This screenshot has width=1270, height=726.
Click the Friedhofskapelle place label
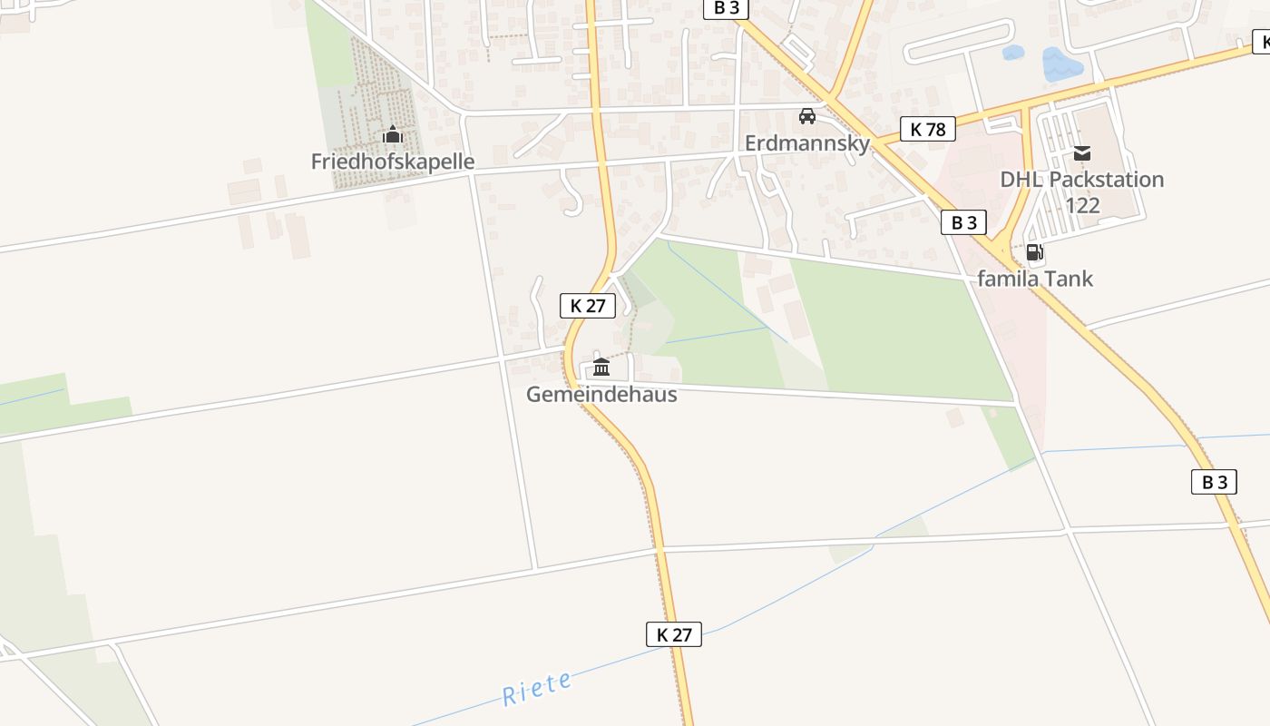pyautogui.click(x=393, y=162)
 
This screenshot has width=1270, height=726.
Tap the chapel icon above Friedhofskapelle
pyautogui.click(x=392, y=135)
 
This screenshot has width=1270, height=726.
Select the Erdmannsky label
pyautogui.click(x=806, y=143)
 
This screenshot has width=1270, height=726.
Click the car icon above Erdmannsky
pyautogui.click(x=806, y=116)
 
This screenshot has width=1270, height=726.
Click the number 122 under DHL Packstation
pyautogui.click(x=1082, y=205)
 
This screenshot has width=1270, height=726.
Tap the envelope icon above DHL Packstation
pyautogui.click(x=1081, y=152)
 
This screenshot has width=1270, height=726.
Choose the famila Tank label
pyautogui.click(x=1035, y=279)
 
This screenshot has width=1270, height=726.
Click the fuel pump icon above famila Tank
pyautogui.click(x=1033, y=252)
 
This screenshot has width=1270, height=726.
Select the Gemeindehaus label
pyautogui.click(x=601, y=394)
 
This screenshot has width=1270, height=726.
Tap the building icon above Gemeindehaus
pyautogui.click(x=601, y=368)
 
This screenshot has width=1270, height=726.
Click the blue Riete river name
pyautogui.click(x=538, y=689)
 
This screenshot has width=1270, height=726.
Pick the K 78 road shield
pyautogui.click(x=928, y=129)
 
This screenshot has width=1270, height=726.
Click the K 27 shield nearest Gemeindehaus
pyautogui.click(x=588, y=306)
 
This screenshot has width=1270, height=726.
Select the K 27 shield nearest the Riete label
pyautogui.click(x=674, y=634)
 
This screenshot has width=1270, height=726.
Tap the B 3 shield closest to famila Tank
pyautogui.click(x=963, y=222)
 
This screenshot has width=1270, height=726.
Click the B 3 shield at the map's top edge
pyautogui.click(x=726, y=8)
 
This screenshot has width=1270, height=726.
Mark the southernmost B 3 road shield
pyautogui.click(x=1214, y=482)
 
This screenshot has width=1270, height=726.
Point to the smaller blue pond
pyautogui.click(x=1012, y=53)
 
